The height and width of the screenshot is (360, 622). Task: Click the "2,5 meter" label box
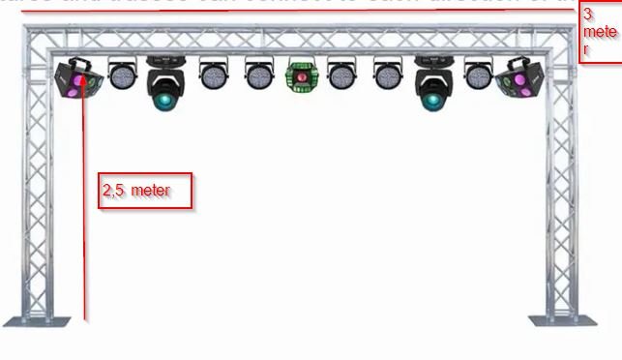tap(145, 191)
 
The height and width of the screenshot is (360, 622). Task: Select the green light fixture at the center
tap(302, 76)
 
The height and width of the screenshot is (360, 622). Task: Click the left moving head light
tap(165, 83)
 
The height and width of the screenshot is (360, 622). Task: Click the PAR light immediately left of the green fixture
tap(258, 75)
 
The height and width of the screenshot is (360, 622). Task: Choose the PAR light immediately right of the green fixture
tap(341, 75)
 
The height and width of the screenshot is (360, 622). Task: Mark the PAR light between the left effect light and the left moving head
tap(123, 75)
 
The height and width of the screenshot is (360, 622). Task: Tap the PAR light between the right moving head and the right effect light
tap(478, 75)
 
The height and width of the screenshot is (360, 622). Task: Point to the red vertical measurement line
tap(85, 213)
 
